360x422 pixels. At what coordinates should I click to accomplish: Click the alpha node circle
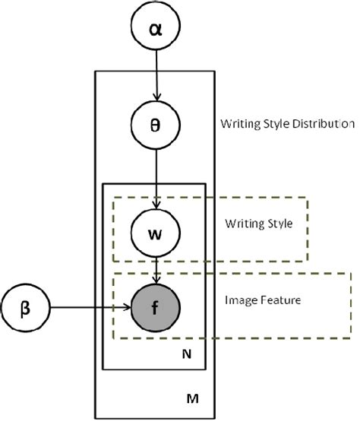coord(156,30)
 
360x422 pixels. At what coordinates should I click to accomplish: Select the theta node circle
coord(156,123)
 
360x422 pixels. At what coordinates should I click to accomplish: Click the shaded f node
coord(156,309)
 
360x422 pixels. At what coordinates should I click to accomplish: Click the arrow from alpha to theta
coord(156,76)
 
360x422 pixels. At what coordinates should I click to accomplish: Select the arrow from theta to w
coord(156,175)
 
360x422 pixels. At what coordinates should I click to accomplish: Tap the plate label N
coord(187,354)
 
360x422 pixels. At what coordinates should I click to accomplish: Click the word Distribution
coord(324,122)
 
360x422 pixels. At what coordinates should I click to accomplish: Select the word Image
coord(239,300)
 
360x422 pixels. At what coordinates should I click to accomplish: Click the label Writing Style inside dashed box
coord(258,224)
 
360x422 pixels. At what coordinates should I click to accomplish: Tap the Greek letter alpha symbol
coord(156,30)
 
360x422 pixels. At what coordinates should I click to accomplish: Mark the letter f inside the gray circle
coord(156,309)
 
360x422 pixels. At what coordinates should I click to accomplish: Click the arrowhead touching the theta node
coord(156,97)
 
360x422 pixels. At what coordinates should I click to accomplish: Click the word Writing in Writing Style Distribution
coord(238,122)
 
